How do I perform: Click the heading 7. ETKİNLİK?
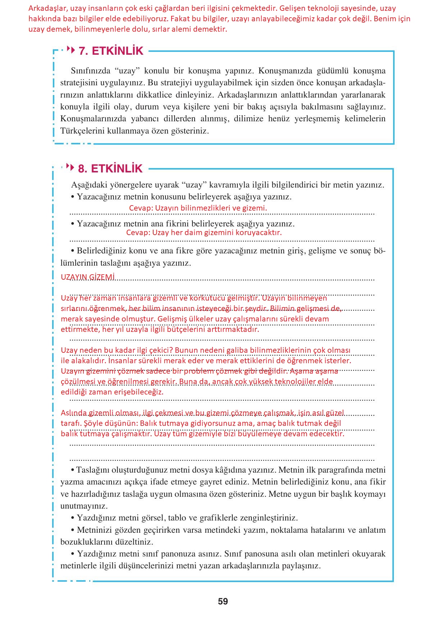pos(111,51)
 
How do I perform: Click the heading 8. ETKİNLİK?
pos(110,168)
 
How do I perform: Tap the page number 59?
pos(223,601)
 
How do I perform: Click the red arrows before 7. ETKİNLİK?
pos(71,50)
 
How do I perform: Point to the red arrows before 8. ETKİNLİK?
pos(70,167)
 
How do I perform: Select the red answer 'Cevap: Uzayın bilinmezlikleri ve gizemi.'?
pos(198,208)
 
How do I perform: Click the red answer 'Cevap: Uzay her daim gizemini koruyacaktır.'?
pos(204,233)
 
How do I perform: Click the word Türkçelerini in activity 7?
pos(82,131)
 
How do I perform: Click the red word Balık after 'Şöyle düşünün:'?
pos(149,423)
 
